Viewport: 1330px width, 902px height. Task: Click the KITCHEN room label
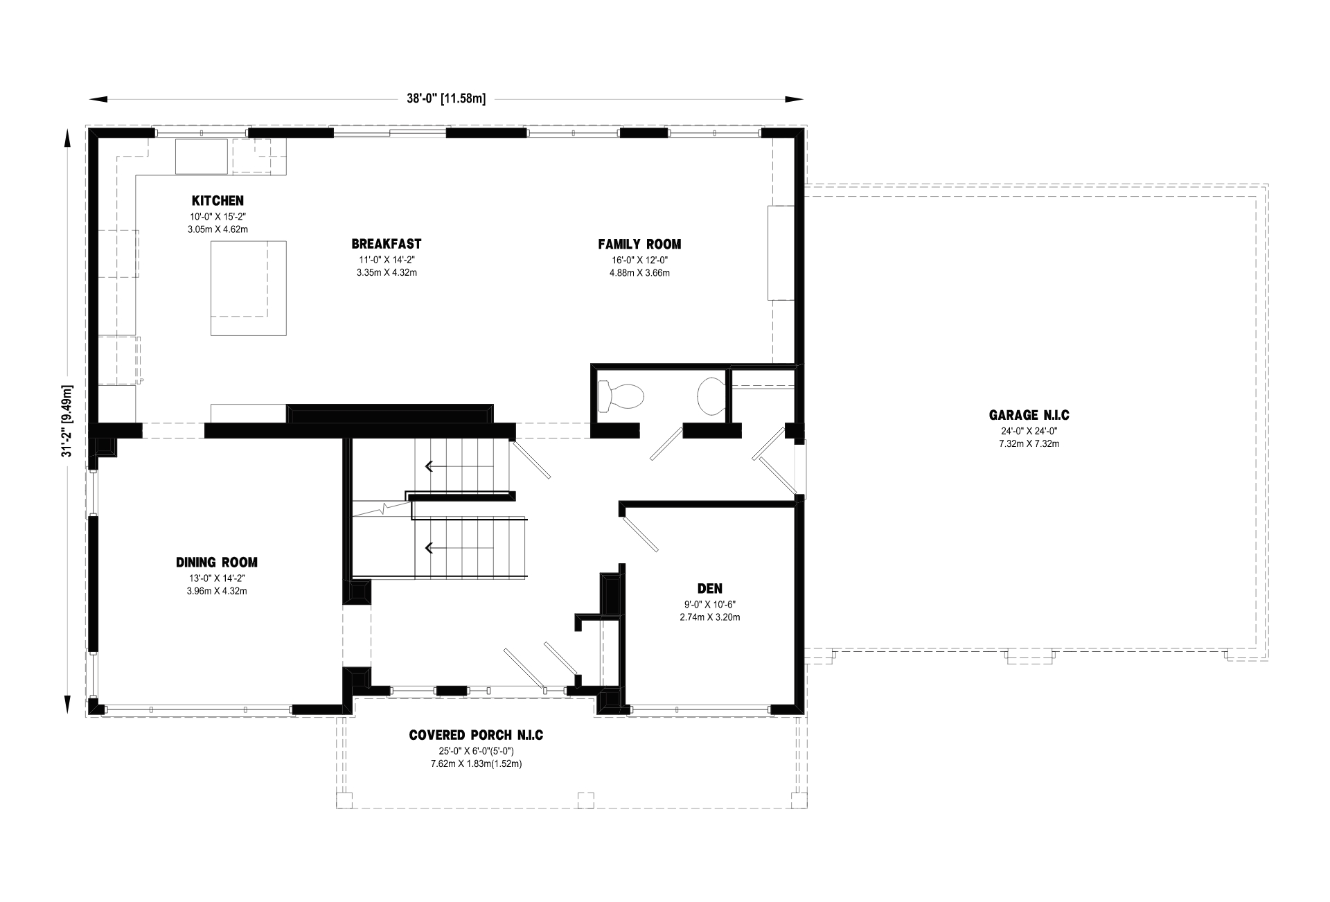pos(218,201)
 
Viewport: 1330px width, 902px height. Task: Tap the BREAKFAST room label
pos(387,244)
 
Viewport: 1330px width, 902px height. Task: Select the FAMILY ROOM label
pos(639,244)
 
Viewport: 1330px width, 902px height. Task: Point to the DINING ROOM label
pos(217,563)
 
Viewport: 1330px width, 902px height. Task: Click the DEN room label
pos(710,589)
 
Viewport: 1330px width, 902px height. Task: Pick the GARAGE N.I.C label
pos(1029,416)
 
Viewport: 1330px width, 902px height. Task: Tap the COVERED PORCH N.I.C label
pos(476,735)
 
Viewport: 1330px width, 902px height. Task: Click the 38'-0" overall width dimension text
pos(446,98)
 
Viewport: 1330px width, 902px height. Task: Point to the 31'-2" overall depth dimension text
pos(67,421)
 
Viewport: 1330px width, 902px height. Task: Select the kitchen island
pos(249,288)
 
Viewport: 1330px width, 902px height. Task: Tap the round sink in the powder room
pos(710,396)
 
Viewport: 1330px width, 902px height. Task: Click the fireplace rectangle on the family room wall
pos(781,253)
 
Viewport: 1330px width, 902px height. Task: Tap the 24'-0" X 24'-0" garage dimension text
pos(1029,431)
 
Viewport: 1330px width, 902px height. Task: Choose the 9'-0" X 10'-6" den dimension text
pos(710,604)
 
